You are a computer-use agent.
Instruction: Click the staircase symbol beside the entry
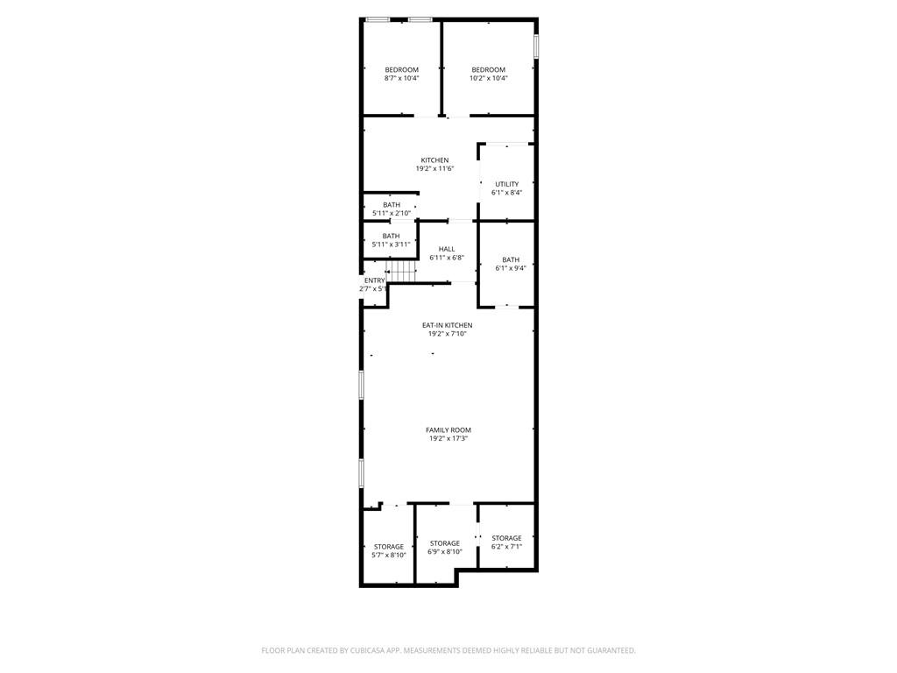pos(402,273)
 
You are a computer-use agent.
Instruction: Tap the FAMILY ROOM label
pos(448,430)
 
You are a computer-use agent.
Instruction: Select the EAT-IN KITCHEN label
pos(448,325)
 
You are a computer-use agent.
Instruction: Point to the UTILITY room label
pos(506,184)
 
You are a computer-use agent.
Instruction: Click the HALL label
pos(447,250)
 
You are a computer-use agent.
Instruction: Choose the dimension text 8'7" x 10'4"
pos(401,79)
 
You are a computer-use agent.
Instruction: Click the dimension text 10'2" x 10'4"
pos(489,79)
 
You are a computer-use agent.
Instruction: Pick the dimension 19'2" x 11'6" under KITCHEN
pos(434,169)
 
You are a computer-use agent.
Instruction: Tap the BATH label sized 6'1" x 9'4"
pos(511,259)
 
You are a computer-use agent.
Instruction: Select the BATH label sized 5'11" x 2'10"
pos(392,205)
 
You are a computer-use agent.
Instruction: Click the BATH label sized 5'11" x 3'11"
pos(392,236)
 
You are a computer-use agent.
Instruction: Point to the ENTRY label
pos(375,280)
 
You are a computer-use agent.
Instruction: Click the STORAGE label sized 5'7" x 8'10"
pos(389,547)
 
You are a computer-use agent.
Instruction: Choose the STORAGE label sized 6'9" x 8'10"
pos(445,543)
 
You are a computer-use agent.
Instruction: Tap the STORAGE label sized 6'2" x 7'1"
pos(506,538)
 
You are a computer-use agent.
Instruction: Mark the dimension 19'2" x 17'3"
pos(448,439)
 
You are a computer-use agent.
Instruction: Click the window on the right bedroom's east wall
pos(536,45)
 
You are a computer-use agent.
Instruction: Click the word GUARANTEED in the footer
pos(610,650)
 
